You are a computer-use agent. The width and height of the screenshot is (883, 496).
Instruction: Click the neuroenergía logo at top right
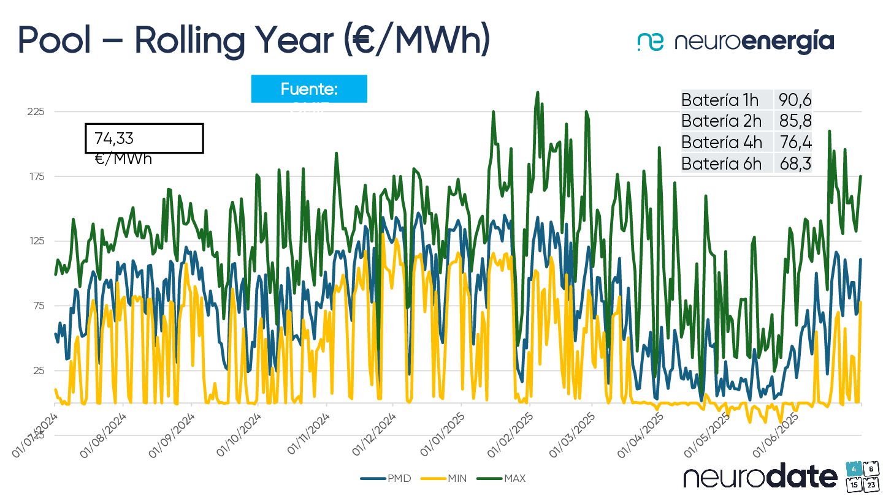point(736,42)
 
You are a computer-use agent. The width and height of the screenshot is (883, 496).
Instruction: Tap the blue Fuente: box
point(309,89)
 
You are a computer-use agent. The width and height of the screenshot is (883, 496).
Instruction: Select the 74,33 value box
point(144,138)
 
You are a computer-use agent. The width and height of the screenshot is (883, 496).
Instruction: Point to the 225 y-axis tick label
point(36,111)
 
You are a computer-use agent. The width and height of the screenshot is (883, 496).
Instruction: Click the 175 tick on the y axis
point(36,176)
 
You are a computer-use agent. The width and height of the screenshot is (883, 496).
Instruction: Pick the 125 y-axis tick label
point(36,241)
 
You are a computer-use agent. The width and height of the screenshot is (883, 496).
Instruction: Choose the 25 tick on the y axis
point(37,370)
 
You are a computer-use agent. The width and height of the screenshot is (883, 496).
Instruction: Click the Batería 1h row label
point(720,100)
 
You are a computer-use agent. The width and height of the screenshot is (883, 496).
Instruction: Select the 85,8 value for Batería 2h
point(795,121)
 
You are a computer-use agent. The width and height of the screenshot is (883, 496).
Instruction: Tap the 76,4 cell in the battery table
point(795,142)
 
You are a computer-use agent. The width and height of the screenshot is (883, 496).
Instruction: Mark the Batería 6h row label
point(722,163)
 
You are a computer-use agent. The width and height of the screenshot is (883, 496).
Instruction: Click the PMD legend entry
point(386,478)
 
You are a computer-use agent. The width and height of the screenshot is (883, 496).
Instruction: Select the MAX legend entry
point(506,478)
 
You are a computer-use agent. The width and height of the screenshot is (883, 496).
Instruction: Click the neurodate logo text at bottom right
point(760,476)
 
